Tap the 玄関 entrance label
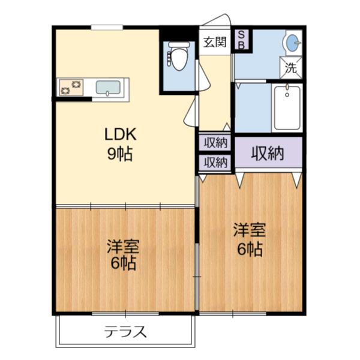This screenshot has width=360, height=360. pos(214,42)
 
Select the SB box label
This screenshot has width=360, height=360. pos(242,40)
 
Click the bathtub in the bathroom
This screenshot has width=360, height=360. pos(287,108)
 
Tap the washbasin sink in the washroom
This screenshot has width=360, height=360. pos(291,43)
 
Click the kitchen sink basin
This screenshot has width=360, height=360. pos(109,88)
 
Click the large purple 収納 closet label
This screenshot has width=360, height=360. pos(267,154)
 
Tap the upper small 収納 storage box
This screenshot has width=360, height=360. pos(215,143)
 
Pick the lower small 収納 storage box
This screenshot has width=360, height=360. pos(215,162)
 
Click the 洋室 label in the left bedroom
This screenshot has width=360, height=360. pos(123,247)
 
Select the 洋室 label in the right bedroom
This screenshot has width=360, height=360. pos(250,230)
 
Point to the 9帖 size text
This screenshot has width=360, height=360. pos(120,154)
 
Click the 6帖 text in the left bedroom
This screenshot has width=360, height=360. pos(123,263)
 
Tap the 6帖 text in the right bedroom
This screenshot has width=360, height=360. pos(250,248)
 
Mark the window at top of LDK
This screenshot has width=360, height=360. pos(107,26)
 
